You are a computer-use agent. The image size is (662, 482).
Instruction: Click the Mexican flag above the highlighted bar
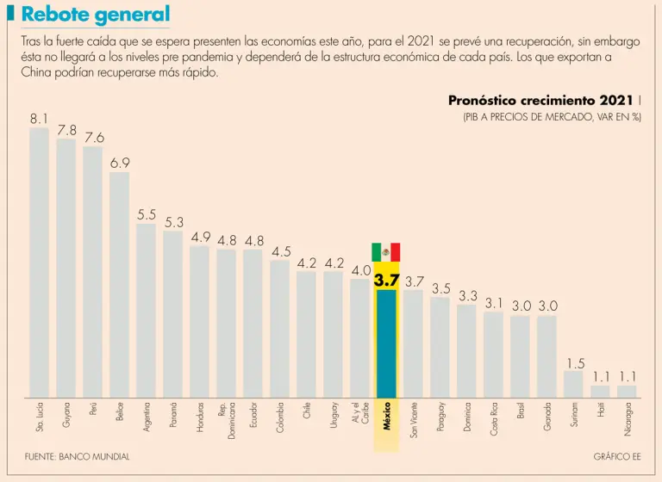(x=386, y=252)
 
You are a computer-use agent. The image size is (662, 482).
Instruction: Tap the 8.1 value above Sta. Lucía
(x=39, y=118)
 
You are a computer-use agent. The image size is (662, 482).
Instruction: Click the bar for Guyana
(x=66, y=267)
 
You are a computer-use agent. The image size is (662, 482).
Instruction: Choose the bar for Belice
(x=120, y=284)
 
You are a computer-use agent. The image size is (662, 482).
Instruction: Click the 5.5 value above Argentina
(x=147, y=214)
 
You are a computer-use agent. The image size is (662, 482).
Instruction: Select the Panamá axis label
(x=173, y=415)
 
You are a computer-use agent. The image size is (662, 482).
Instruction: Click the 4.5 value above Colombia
(x=281, y=251)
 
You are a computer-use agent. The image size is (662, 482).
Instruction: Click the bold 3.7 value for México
(x=386, y=280)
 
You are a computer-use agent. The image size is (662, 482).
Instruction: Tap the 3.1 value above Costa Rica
(x=494, y=303)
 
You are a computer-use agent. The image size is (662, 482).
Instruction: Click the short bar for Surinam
(x=573, y=384)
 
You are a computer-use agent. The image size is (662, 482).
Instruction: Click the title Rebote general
(x=95, y=15)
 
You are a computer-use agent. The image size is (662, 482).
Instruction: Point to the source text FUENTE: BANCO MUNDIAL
(x=77, y=457)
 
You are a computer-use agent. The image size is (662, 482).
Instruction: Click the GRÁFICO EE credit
(x=617, y=457)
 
